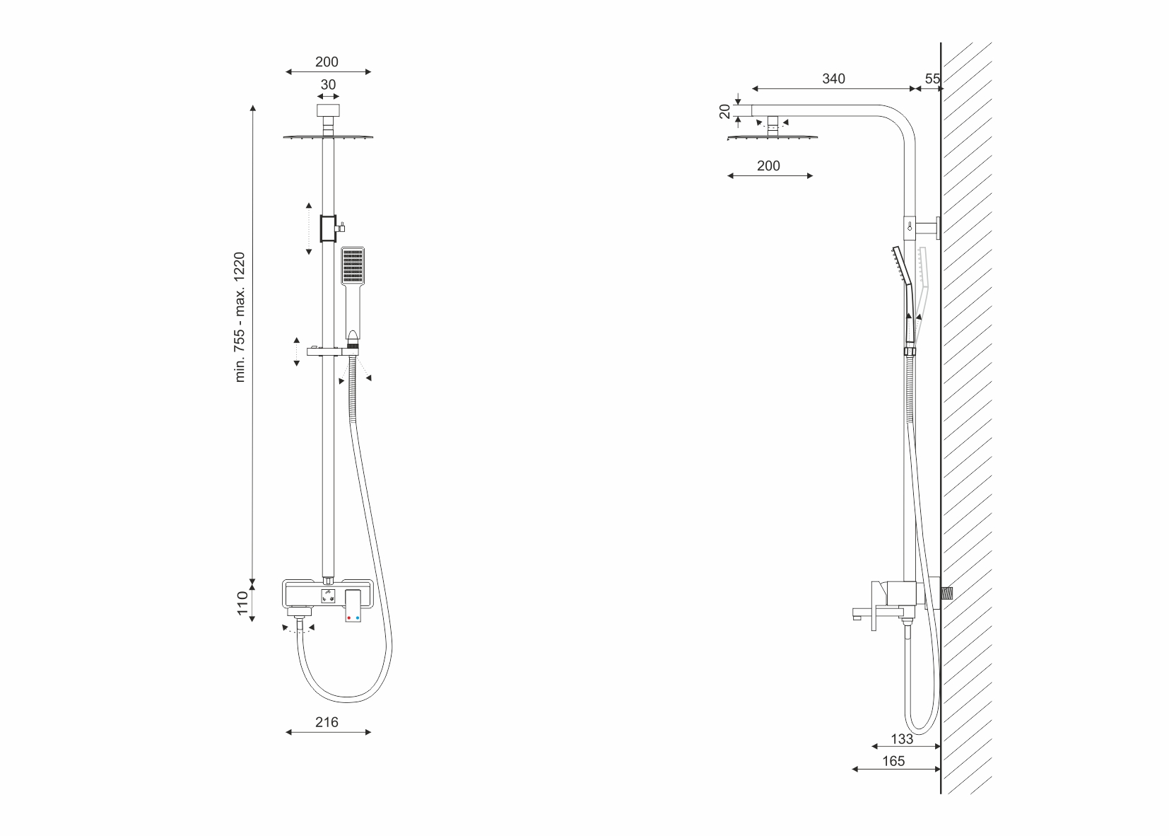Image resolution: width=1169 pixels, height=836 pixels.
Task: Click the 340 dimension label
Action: [833, 79]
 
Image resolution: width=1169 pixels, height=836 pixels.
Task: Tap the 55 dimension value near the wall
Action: [932, 79]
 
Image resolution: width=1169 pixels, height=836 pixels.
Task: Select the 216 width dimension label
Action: [327, 722]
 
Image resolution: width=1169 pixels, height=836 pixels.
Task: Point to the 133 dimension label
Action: [902, 739]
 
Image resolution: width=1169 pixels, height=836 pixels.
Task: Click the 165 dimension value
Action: [893, 761]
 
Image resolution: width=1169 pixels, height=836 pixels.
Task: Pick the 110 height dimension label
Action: [242, 603]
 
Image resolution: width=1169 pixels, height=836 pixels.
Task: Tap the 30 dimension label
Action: [328, 85]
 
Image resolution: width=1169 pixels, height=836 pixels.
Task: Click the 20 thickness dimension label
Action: [725, 111]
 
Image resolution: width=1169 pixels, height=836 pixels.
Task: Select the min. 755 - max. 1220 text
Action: [240, 318]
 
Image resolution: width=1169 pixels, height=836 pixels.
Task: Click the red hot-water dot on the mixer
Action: [348, 618]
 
